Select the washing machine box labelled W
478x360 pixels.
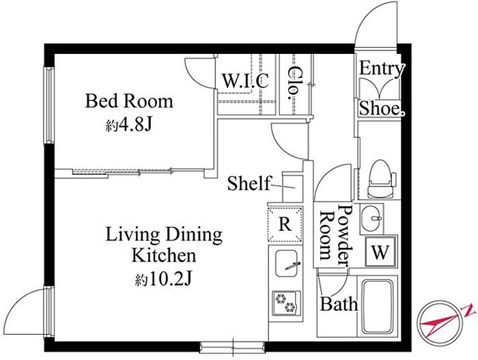380,251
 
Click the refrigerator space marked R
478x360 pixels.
285,224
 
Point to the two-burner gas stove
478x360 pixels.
286,303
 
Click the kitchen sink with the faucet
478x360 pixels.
287,264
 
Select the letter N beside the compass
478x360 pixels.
469,310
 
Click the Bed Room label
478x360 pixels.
129,101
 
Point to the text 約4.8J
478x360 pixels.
128,125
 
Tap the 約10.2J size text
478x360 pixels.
163,279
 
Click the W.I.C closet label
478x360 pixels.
245,81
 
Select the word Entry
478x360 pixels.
382,69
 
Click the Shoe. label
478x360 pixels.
382,109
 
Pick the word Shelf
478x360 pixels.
249,183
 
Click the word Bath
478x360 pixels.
339,304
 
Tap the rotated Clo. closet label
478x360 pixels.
293,83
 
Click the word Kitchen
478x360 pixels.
164,255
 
